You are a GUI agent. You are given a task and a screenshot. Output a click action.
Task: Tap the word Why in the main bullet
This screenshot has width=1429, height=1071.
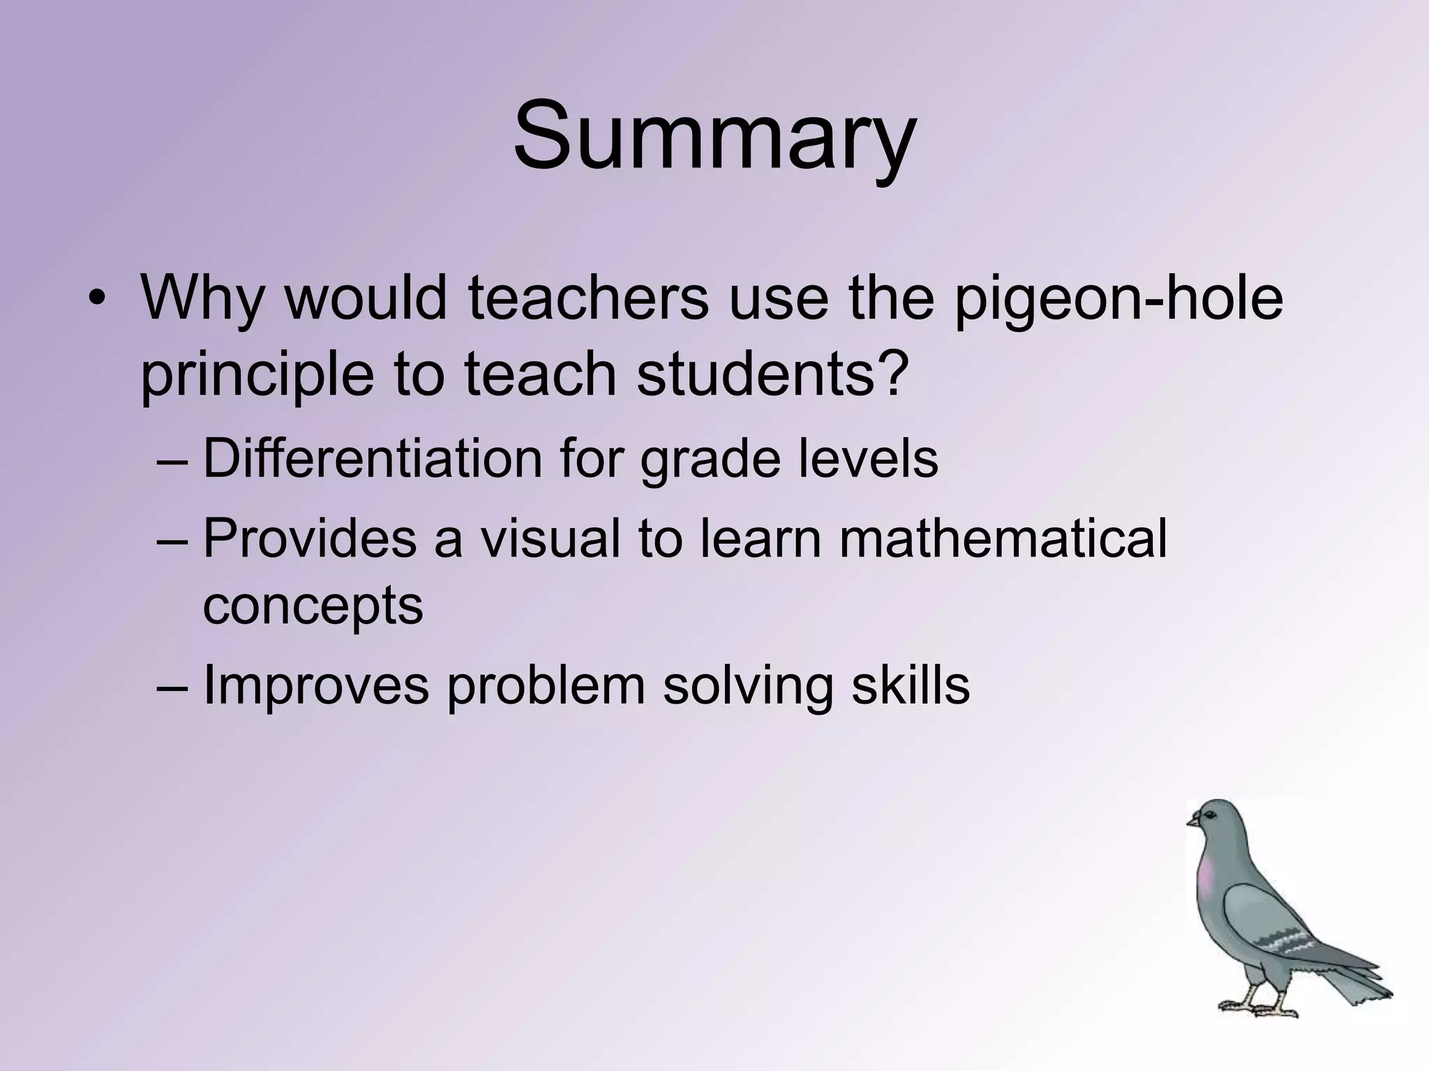click(202, 298)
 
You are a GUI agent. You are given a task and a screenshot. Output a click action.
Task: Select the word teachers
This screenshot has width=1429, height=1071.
click(588, 298)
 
